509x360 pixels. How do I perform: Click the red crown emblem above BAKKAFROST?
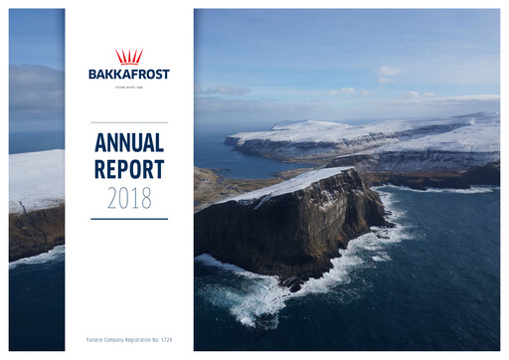click(129, 57)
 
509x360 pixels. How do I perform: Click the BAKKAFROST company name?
click(129, 74)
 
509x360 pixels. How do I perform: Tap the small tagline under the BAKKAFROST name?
click(129, 85)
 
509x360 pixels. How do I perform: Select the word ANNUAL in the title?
click(129, 142)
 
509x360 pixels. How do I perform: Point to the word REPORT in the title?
click(129, 169)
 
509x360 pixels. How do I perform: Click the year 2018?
click(129, 197)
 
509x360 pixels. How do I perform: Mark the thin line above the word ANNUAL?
click(129, 122)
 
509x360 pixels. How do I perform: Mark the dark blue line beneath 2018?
click(129, 219)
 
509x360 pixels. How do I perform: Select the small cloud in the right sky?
click(387, 73)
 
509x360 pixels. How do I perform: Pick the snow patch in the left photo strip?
click(36, 179)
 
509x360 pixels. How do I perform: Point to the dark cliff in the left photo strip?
click(36, 234)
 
